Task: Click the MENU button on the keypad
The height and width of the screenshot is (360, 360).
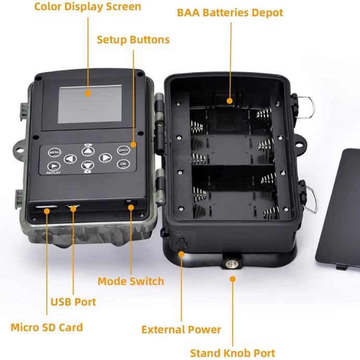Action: [x=54, y=152]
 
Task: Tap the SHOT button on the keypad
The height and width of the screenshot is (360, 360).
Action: [x=123, y=150]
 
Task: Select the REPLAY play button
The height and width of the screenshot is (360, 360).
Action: [x=54, y=166]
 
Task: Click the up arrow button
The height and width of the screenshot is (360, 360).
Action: [x=88, y=151]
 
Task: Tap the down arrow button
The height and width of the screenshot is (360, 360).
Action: [x=88, y=165]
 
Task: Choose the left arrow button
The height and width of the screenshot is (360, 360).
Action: [x=70, y=159]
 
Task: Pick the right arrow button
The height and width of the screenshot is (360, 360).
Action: [x=105, y=158]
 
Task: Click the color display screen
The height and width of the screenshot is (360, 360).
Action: [x=90, y=104]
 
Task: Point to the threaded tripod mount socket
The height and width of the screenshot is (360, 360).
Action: [x=230, y=263]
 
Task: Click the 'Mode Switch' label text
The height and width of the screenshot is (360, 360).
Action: [x=131, y=282]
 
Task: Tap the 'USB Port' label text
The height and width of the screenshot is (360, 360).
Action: [x=73, y=302]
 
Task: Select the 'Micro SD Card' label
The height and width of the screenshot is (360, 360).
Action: [x=47, y=328]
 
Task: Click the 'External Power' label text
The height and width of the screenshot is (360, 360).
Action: [x=181, y=330]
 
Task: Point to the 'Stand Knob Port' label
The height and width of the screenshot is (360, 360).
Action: [x=233, y=353]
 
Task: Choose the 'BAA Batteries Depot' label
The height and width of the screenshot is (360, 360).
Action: [x=230, y=13]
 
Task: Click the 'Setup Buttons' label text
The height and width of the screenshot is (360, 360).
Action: [x=133, y=40]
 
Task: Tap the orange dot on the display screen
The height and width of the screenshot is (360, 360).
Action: [x=88, y=93]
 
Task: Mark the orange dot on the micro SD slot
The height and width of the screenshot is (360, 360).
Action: [x=47, y=211]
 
